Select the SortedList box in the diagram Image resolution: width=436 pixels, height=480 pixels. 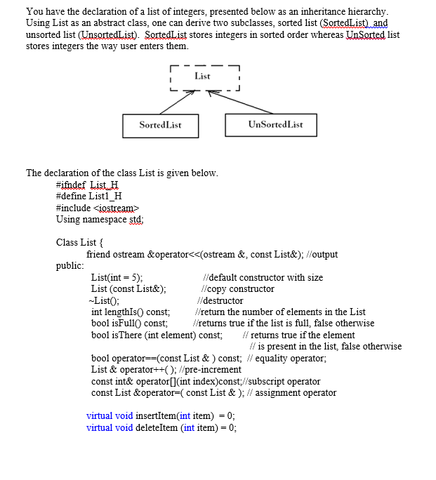click(160, 125)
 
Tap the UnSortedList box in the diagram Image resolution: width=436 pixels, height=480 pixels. click(275, 125)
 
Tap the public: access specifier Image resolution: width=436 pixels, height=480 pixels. click(70, 265)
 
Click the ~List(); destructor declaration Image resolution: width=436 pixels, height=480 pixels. click(105, 300)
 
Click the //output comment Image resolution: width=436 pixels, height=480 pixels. click(322, 254)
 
